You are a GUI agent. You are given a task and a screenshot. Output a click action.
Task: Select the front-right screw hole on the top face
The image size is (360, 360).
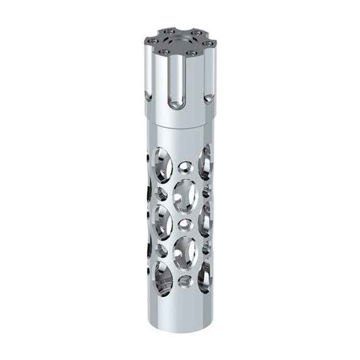click(193, 53)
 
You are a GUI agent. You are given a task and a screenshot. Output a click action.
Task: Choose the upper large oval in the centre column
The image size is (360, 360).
click(184, 195)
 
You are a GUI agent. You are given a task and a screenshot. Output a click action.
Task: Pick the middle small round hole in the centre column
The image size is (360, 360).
click(184, 223)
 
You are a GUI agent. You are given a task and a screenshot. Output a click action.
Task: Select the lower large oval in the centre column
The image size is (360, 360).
click(184, 250)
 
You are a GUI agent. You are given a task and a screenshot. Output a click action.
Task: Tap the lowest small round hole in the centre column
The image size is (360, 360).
click(183, 279)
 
